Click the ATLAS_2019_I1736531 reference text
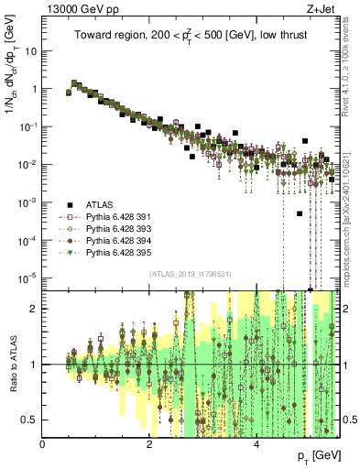[190, 273]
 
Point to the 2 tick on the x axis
[149, 444]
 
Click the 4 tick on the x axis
[256, 444]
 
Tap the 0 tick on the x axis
[43, 444]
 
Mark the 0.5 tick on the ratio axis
[30, 420]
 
